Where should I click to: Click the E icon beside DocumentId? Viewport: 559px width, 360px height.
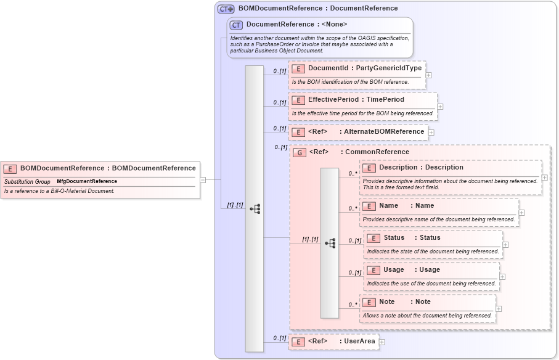298,68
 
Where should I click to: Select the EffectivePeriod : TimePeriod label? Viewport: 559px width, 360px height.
356,99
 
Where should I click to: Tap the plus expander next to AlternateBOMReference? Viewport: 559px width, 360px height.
431,132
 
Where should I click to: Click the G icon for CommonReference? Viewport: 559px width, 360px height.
300,152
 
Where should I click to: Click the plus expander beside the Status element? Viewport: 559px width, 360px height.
506,245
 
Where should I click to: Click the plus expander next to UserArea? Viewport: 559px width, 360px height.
382,342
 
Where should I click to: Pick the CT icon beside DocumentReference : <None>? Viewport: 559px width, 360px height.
236,25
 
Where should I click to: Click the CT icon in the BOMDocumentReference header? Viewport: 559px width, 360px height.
226,9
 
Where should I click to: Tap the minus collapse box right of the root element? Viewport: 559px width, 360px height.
203,180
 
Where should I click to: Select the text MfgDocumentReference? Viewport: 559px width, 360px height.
87,182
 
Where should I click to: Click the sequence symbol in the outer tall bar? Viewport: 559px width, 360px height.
255,209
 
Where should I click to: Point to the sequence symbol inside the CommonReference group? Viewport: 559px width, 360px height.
330,243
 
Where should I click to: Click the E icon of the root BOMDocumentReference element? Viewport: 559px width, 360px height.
10,168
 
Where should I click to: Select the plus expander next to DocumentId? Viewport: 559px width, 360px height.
428,75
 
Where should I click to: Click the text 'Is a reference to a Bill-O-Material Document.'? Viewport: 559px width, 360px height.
59,191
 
